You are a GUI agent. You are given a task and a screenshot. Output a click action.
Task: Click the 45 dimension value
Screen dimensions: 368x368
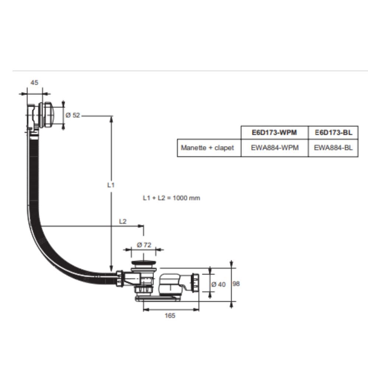[34, 83]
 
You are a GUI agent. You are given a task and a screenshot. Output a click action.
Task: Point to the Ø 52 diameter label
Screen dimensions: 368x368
[72, 115]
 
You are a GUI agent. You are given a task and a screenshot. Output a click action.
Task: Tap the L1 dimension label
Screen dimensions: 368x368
[111, 185]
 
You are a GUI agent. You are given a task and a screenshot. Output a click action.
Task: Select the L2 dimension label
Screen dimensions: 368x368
[123, 222]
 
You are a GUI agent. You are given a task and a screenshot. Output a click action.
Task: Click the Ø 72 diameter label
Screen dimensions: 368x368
[144, 245]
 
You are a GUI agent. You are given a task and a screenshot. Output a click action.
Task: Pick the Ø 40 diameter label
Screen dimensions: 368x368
[219, 284]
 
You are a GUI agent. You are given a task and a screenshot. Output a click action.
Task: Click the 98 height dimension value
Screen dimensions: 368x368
[236, 284]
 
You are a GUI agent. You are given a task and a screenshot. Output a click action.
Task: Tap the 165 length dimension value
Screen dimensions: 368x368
[170, 316]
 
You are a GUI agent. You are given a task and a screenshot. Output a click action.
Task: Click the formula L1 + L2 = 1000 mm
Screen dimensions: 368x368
[171, 198]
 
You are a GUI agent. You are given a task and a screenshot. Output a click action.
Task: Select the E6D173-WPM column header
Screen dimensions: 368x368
[274, 132]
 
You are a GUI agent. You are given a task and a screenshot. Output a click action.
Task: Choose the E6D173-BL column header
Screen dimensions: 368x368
[333, 132]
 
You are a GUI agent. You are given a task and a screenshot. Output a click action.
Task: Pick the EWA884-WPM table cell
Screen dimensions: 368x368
[274, 148]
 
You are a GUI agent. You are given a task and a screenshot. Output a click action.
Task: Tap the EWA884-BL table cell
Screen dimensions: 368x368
[333, 148]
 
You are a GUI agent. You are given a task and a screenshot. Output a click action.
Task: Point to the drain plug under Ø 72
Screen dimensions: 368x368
[144, 263]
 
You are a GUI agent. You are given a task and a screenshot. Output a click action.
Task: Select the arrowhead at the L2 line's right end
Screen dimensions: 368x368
[141, 226]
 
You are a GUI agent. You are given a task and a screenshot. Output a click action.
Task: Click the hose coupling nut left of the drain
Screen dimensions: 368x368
[120, 278]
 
